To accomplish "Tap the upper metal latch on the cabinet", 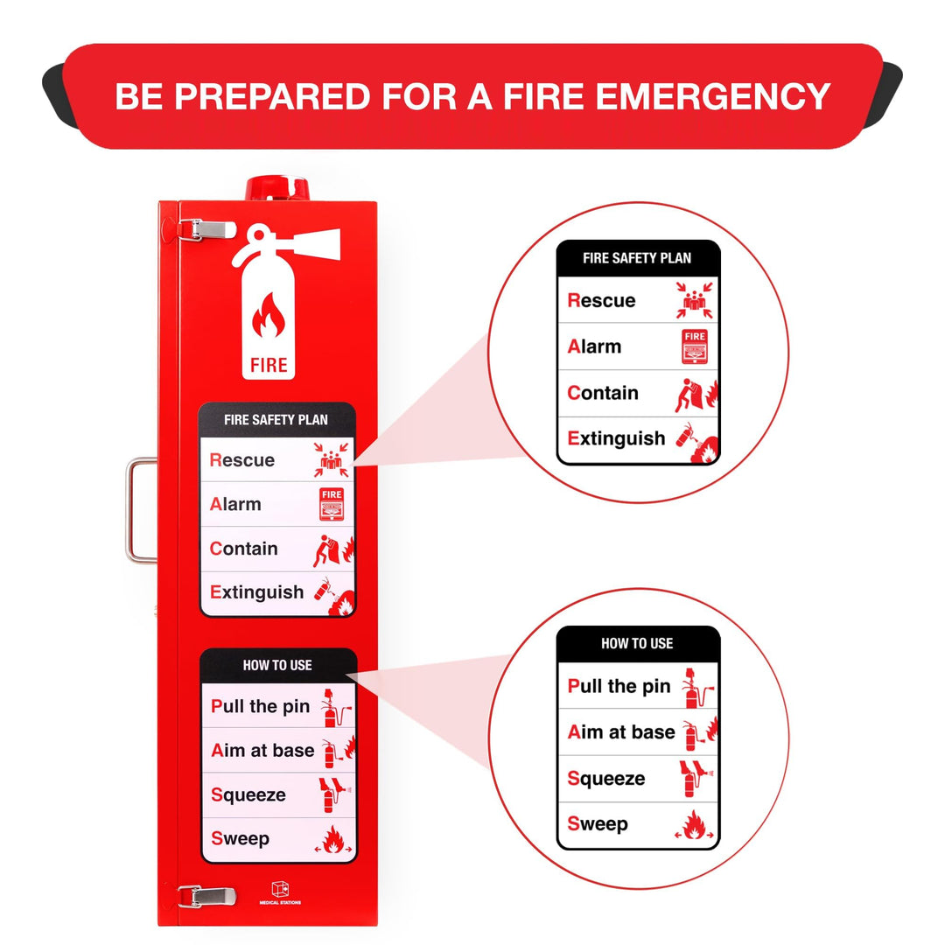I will [x=206, y=229].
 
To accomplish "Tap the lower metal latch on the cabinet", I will [x=206, y=896].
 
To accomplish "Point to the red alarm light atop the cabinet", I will [x=278, y=188].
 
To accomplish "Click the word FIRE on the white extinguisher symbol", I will [x=269, y=364].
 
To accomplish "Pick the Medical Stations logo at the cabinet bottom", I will [x=280, y=892].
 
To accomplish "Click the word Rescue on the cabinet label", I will [x=242, y=460].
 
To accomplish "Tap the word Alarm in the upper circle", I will [x=595, y=346].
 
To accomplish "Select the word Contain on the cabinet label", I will [x=244, y=549].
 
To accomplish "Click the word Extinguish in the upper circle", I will [x=617, y=438].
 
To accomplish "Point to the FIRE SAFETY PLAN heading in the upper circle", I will [x=637, y=258].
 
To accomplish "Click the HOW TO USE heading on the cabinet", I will [x=277, y=665].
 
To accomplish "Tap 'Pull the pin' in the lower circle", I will [x=619, y=686].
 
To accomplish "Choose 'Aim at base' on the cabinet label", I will [x=262, y=751].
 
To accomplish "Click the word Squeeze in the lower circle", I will [x=606, y=778].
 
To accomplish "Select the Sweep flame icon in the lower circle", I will [x=696, y=825].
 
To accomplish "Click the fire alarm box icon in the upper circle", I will [x=695, y=346].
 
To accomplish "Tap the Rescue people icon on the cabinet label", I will [x=332, y=460].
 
